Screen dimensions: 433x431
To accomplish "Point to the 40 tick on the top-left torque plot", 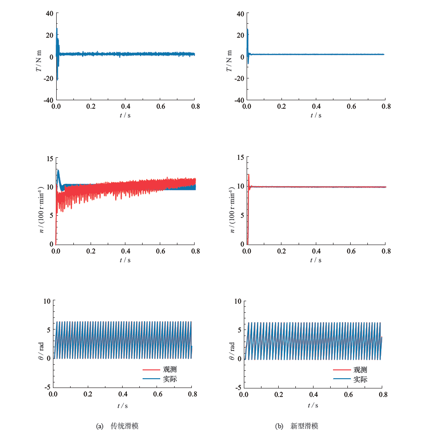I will tap(49, 13).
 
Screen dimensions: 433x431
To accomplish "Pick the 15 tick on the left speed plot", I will tap(49, 158).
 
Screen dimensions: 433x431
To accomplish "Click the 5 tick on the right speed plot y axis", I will tap(241, 215).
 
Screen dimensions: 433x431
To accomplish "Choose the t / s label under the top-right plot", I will tap(316, 115).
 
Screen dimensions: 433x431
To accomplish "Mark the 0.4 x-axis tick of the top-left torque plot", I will tap(125, 107).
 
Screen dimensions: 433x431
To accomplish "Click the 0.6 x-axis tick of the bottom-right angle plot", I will tap(349, 394).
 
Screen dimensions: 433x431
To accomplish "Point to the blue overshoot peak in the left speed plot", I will tap(58, 170).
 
